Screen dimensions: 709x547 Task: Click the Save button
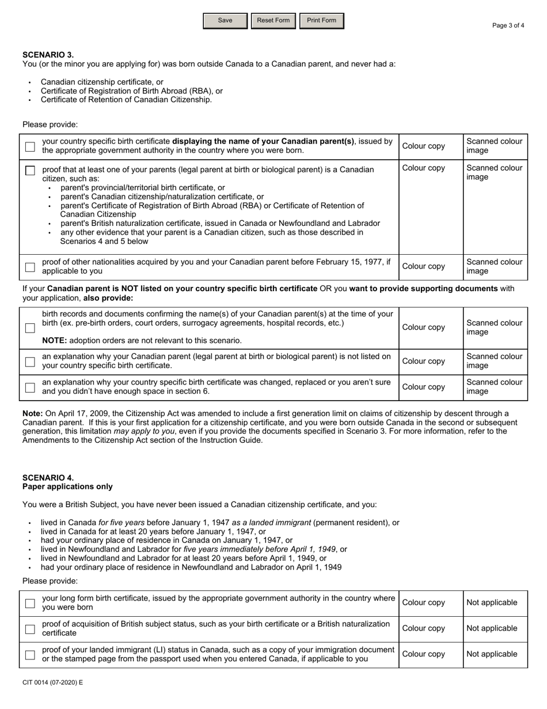(225, 21)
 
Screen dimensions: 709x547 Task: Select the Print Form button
(321, 21)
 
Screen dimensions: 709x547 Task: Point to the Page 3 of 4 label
(508, 25)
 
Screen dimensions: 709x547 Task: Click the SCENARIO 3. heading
(48, 55)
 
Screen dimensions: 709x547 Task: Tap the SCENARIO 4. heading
(48, 478)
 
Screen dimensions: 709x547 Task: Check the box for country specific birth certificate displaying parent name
(30, 147)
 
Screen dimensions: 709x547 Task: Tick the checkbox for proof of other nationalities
(30, 267)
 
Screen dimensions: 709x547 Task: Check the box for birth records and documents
(30, 327)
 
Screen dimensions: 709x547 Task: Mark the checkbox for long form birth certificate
(30, 604)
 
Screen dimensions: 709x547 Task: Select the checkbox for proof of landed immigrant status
(30, 655)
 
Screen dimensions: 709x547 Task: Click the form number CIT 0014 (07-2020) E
(52, 682)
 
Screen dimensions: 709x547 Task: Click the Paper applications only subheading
(67, 487)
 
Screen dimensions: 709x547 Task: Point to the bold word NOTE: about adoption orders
(54, 341)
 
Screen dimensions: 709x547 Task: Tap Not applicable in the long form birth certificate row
(492, 603)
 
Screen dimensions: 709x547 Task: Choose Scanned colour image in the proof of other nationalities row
(494, 266)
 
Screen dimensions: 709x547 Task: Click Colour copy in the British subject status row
(423, 629)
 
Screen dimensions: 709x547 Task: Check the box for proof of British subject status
(30, 629)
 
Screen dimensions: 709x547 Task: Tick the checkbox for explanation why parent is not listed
(30, 361)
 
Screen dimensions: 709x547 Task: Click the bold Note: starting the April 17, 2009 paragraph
(32, 413)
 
